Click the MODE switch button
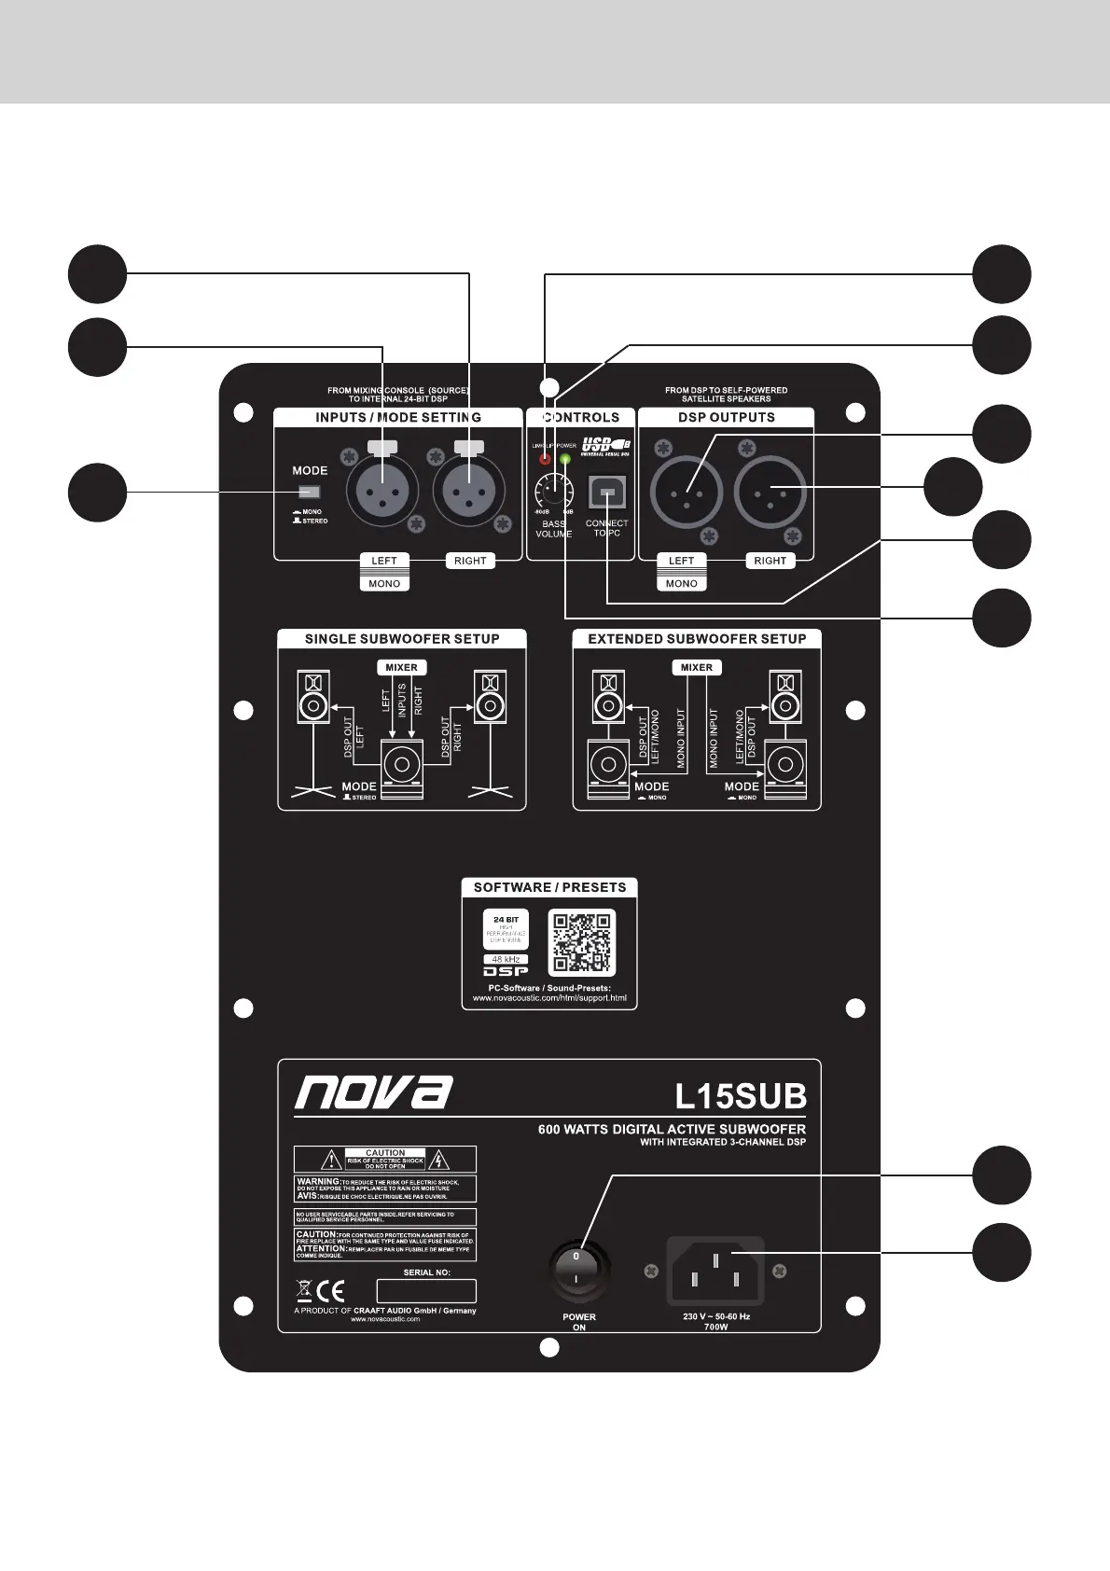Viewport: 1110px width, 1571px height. [309, 493]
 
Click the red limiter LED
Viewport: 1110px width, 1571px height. [545, 459]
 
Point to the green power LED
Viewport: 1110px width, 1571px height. [565, 459]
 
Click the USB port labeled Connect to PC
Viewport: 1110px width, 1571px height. [606, 493]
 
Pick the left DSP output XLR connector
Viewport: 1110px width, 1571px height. [687, 492]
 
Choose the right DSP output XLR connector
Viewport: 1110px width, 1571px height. [770, 492]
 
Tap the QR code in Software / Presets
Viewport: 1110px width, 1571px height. [581, 942]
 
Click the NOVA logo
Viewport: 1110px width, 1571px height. [374, 1093]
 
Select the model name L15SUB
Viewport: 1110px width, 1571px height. [740, 1095]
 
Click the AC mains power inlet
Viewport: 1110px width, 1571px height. [715, 1271]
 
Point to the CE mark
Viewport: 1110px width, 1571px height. [331, 1291]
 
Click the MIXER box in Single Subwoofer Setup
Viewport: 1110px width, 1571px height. [402, 667]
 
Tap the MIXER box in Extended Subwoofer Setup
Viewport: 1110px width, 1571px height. [696, 667]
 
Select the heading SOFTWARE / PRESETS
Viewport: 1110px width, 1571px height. [549, 887]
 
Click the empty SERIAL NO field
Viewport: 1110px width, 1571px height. [426, 1291]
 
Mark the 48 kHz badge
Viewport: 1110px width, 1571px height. [506, 959]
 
